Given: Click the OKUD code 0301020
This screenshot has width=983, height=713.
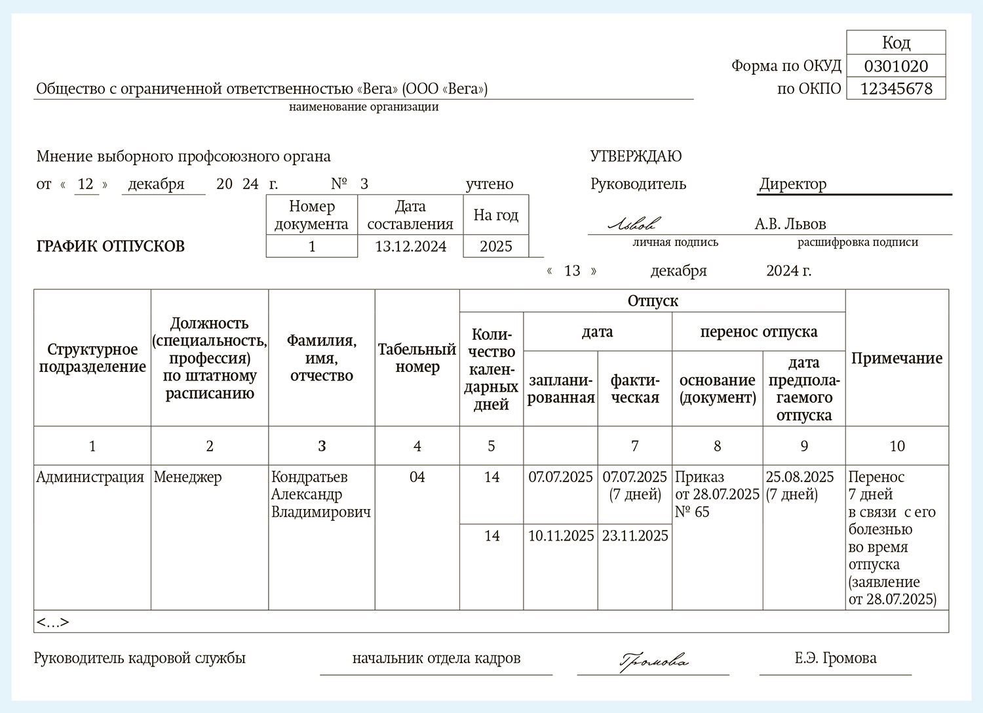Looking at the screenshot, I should click(x=896, y=66).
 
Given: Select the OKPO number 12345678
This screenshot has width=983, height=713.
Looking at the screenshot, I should click(x=896, y=89).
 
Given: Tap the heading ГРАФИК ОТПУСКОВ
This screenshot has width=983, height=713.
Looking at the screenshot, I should click(x=111, y=247).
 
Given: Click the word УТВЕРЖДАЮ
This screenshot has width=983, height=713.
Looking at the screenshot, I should click(x=636, y=156).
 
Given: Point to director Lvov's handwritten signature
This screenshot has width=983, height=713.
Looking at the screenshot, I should click(x=634, y=224).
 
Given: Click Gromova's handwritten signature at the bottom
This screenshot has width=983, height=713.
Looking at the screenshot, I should click(x=653, y=660).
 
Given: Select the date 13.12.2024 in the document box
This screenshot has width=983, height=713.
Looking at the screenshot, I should click(x=410, y=247).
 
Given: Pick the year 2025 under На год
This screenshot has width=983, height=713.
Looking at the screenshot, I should click(x=495, y=247).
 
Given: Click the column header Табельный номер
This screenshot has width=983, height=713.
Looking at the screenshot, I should click(x=417, y=358).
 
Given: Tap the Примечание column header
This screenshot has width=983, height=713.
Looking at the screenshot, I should click(x=896, y=358).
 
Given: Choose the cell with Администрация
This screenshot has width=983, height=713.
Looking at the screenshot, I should click(x=90, y=478).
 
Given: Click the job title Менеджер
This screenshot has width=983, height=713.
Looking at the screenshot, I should click(x=187, y=478).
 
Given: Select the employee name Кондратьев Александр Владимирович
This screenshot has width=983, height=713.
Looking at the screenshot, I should click(x=321, y=495).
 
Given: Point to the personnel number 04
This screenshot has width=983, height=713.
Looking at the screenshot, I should click(x=417, y=478).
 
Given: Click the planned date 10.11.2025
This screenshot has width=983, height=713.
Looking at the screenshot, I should click(x=561, y=536).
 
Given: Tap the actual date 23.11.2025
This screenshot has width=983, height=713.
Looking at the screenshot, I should click(x=635, y=536).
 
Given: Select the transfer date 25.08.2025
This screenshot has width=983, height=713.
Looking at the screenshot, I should click(x=800, y=478).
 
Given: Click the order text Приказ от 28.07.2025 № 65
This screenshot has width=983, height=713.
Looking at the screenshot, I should click(x=717, y=495).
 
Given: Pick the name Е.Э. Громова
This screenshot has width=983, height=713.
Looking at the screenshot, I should click(x=836, y=658).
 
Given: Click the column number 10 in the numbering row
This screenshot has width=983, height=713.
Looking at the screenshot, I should click(x=896, y=446).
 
